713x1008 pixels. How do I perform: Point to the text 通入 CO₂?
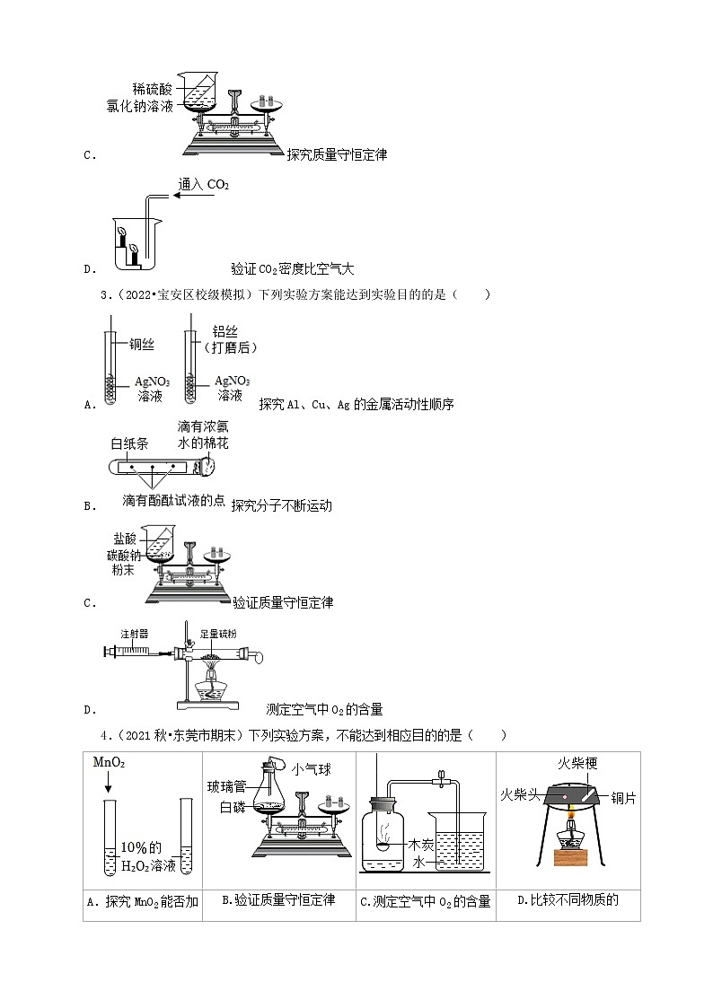(204, 185)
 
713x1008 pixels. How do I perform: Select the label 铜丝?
(142, 345)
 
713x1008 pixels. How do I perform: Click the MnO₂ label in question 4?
(110, 762)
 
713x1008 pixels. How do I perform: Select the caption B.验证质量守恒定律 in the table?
(277, 899)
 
